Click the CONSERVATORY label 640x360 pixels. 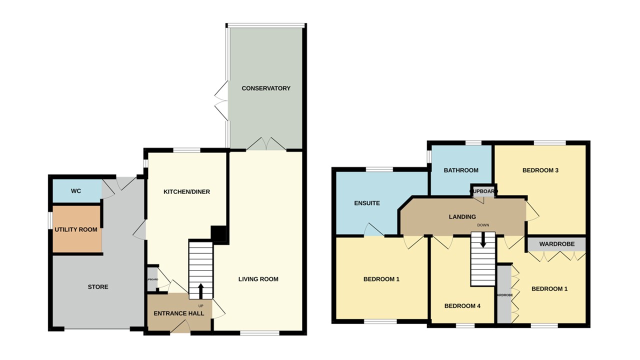(265, 88)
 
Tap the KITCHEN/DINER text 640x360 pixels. (187, 191)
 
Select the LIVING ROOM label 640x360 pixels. (258, 279)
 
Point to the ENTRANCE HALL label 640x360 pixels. (178, 313)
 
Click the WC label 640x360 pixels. (76, 191)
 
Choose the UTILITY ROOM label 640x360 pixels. (76, 229)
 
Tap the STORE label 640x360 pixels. (98, 287)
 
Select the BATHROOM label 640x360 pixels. (461, 170)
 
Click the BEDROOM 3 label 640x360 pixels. (540, 170)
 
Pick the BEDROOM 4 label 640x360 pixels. (462, 306)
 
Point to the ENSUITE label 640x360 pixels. (367, 203)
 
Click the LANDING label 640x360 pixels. (462, 216)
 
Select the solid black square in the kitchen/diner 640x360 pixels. (218, 233)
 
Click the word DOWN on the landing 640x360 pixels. (483, 225)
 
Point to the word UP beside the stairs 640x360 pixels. (201, 305)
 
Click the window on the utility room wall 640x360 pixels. (50, 220)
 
